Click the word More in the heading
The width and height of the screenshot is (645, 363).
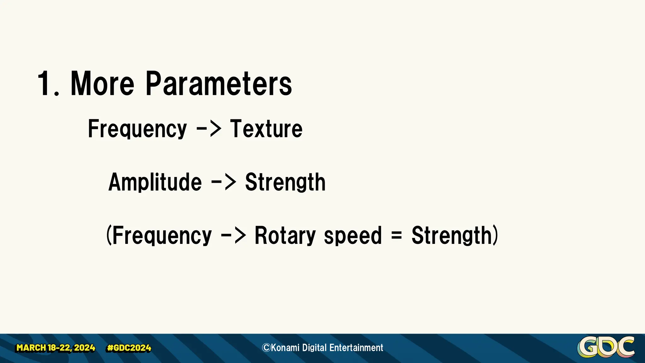102,84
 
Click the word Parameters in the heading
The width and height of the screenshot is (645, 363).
219,84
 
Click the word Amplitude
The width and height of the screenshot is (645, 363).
155,182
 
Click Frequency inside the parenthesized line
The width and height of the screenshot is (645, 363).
162,236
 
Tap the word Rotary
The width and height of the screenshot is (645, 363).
285,236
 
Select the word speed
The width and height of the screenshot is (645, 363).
353,236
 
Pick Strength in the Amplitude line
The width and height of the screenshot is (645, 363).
285,182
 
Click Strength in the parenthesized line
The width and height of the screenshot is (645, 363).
452,236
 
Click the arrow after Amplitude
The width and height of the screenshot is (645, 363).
223,182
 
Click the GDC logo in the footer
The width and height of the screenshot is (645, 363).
606,347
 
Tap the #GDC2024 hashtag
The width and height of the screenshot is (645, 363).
129,348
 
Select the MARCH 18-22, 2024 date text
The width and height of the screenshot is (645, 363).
56,348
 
